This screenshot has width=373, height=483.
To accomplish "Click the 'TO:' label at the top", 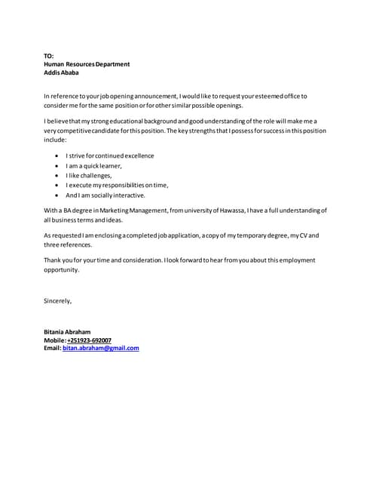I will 49,56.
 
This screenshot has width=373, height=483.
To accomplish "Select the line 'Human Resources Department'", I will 87,64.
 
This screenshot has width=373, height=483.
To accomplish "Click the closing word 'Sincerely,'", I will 58,301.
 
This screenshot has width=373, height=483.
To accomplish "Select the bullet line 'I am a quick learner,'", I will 93,165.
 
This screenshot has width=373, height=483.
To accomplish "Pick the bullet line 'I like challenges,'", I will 89,175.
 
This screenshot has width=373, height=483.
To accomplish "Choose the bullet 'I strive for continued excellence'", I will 109,155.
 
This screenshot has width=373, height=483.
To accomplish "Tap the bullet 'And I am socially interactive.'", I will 105,195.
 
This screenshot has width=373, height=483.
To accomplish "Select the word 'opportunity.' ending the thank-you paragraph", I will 61,269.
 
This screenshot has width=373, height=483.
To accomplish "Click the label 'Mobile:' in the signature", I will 55,340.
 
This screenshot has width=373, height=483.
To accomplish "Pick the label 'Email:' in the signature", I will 52,348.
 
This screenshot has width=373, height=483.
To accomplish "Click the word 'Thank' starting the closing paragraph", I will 53,260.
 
